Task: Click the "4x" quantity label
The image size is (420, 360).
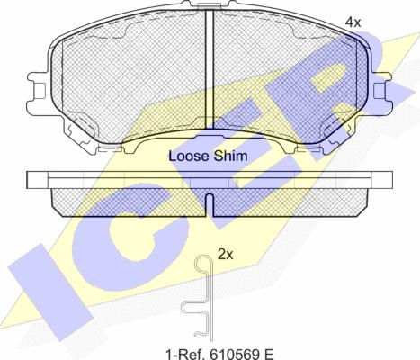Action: coord(353,22)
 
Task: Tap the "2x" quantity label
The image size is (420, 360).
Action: coord(225,255)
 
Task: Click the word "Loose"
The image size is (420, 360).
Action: coord(188,157)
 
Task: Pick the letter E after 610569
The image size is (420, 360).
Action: coord(269,354)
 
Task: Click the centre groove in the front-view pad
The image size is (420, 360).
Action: coord(210,69)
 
